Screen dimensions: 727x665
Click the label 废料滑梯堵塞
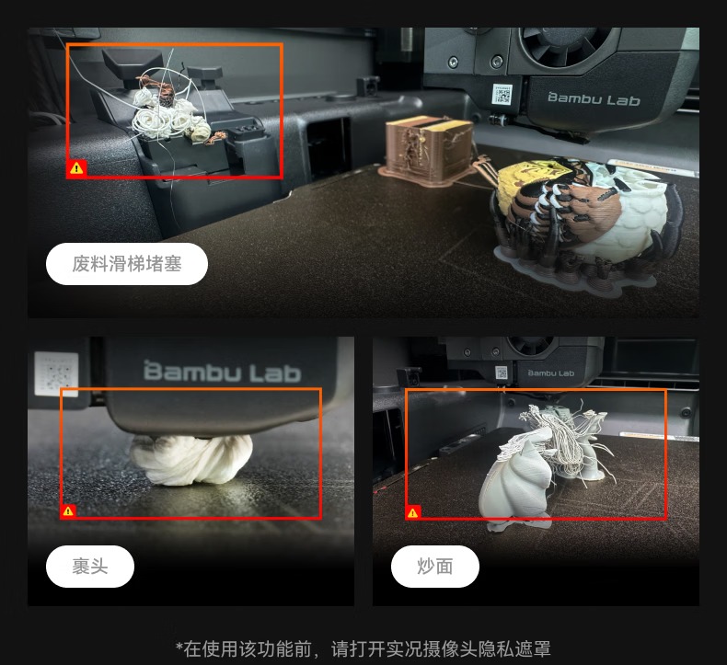point(127,264)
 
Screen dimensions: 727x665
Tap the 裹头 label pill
point(90,567)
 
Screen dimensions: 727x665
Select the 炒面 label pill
point(435,567)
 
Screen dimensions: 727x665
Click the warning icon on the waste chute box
point(76,167)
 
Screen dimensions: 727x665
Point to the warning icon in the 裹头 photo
point(68,510)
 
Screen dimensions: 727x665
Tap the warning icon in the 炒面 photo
point(412,512)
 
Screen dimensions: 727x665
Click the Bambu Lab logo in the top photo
point(594,98)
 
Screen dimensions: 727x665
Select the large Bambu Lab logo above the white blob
point(222,373)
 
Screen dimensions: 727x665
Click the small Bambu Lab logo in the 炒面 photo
point(551,373)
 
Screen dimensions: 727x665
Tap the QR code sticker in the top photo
point(502,94)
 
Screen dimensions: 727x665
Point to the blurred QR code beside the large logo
point(56,374)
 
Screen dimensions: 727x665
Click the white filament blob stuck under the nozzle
point(191,459)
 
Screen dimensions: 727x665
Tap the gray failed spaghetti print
point(548,468)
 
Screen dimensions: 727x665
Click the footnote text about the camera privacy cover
point(363,648)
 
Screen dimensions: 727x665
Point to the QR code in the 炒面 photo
point(502,373)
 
